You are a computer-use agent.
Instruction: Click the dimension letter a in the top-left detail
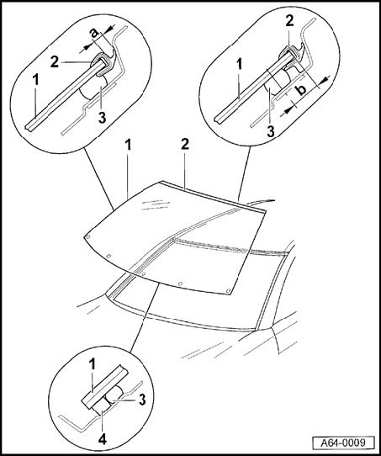94,32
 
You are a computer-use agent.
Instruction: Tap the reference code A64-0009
343,443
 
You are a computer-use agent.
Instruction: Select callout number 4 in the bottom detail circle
102,439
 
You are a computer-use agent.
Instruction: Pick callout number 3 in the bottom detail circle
142,400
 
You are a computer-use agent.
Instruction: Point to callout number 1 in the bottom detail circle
93,363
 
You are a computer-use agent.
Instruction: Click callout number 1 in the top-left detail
35,80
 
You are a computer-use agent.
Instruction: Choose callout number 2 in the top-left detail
55,62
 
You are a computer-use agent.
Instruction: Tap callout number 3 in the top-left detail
102,117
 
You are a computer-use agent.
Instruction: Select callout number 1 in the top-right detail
239,65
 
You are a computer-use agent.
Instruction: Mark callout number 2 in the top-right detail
289,21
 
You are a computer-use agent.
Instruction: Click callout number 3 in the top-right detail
271,131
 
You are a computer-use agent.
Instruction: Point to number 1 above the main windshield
128,145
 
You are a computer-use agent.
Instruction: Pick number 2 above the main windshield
185,144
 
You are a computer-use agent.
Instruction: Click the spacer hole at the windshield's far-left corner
87,236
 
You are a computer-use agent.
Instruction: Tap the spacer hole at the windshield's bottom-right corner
228,290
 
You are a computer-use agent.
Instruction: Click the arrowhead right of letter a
110,29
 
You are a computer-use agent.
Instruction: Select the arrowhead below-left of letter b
288,110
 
